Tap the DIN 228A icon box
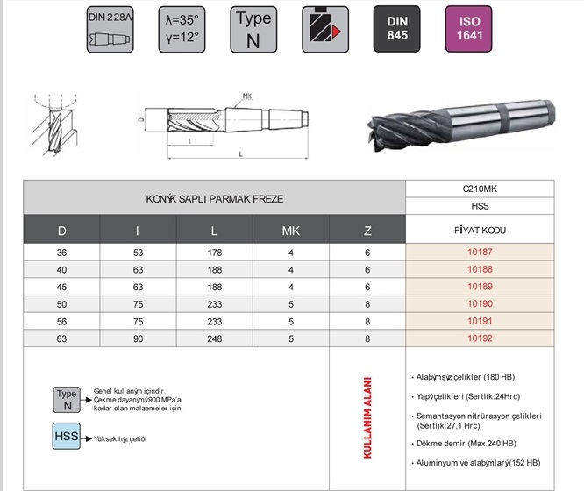[110, 29]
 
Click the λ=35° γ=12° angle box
[181, 29]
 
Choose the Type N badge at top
[253, 29]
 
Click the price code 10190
[481, 302]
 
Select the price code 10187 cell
[481, 253]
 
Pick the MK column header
[290, 231]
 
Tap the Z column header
[367, 231]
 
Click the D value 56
[61, 321]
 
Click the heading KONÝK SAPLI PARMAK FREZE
[215, 199]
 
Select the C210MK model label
[480, 189]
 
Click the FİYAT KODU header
[480, 231]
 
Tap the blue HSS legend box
[68, 435]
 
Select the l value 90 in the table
[139, 338]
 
